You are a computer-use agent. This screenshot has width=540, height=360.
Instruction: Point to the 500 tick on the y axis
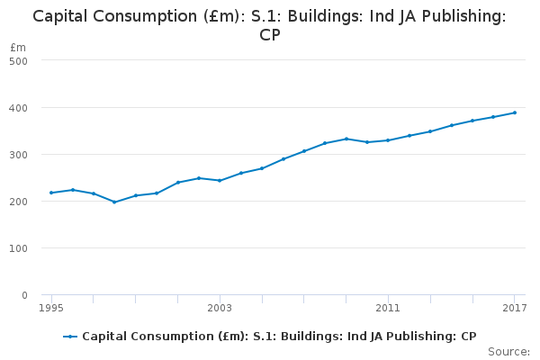19,60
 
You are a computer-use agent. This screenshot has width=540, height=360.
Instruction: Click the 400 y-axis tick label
19,107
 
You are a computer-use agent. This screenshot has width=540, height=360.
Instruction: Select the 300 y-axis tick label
19,154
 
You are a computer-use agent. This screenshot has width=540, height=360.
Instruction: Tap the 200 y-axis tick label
19,201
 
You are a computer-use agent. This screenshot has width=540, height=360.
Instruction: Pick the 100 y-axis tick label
19,247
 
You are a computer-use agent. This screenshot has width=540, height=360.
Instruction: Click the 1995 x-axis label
51,309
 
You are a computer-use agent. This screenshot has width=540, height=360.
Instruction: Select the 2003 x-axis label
220,309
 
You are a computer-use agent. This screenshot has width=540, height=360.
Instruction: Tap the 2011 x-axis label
388,309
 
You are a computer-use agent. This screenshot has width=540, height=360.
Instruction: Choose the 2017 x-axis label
514,309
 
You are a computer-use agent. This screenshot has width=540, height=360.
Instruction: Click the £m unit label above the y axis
18,47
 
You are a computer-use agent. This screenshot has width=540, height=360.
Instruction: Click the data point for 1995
51,193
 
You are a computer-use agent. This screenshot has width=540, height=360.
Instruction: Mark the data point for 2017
514,112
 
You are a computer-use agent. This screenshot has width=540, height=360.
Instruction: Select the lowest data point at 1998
114,202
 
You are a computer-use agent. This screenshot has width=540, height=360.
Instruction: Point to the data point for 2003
220,181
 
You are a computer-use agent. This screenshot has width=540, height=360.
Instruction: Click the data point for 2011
388,140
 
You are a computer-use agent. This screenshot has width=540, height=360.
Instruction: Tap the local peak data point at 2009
346,139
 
